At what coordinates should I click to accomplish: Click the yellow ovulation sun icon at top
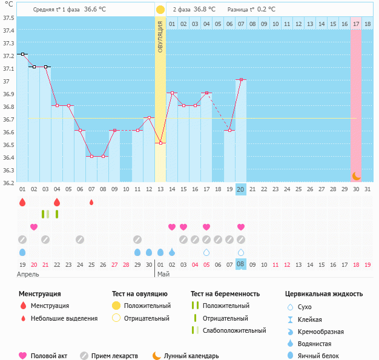(x=160, y=10)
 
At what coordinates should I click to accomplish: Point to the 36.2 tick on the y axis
(x=8, y=182)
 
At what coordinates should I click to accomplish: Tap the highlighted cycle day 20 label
(x=240, y=189)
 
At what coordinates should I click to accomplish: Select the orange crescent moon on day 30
(x=357, y=175)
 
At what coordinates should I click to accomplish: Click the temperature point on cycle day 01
(x=22, y=54)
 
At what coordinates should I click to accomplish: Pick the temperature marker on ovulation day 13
(x=160, y=143)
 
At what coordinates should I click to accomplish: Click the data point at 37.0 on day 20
(x=241, y=79)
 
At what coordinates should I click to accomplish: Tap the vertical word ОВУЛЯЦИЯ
(x=160, y=36)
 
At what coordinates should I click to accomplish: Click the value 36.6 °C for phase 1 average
(x=94, y=10)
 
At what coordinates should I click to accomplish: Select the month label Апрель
(x=28, y=274)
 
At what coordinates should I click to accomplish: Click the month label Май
(x=163, y=274)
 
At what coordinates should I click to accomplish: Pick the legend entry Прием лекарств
(x=114, y=356)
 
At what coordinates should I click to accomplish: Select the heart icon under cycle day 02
(x=34, y=227)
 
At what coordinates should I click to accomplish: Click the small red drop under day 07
(x=91, y=202)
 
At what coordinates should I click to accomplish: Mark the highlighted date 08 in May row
(x=240, y=264)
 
